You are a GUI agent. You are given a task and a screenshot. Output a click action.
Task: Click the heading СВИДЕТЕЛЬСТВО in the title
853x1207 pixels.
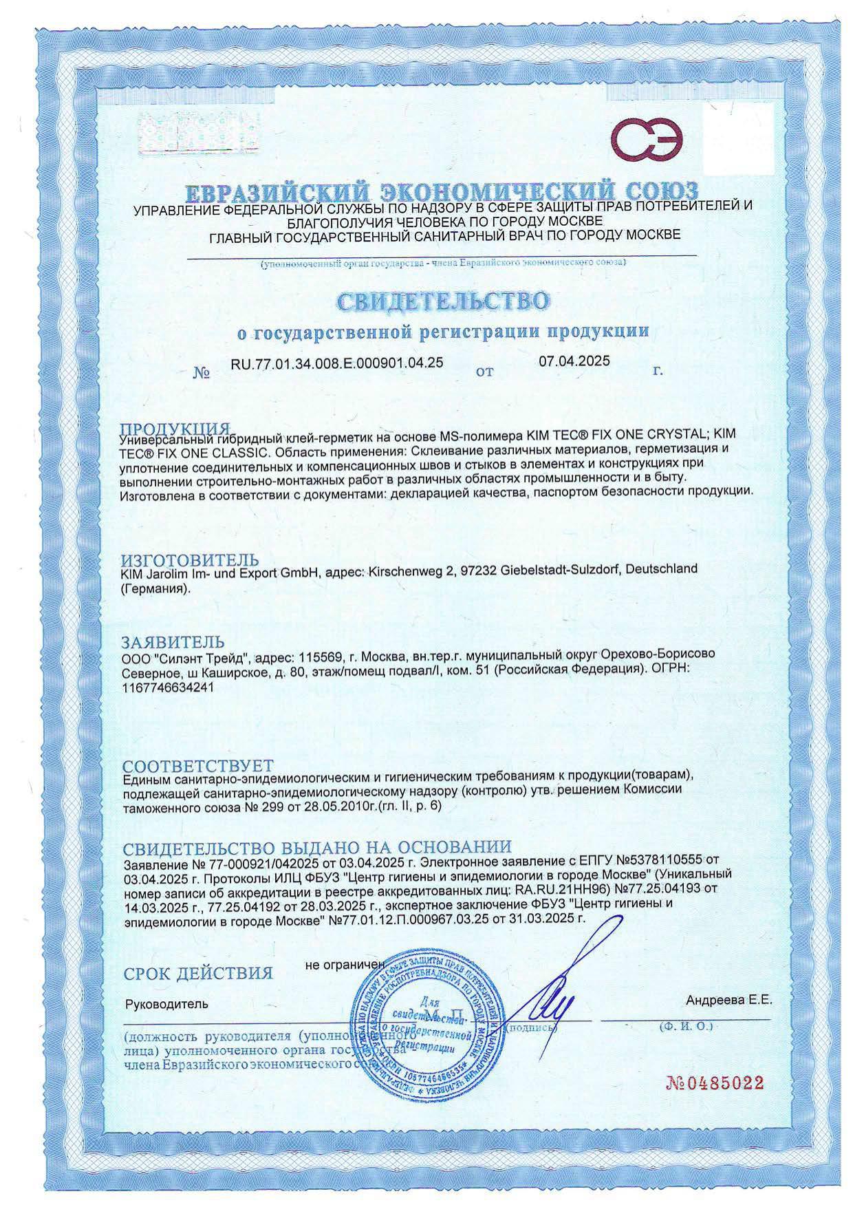pyautogui.click(x=443, y=301)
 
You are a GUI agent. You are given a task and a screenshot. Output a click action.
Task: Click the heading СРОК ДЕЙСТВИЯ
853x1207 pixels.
pyautogui.click(x=198, y=973)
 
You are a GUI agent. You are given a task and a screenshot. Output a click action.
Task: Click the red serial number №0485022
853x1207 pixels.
pyautogui.click(x=715, y=1083)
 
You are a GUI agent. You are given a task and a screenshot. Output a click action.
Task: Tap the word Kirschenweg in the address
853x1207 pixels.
pyautogui.click(x=402, y=570)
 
